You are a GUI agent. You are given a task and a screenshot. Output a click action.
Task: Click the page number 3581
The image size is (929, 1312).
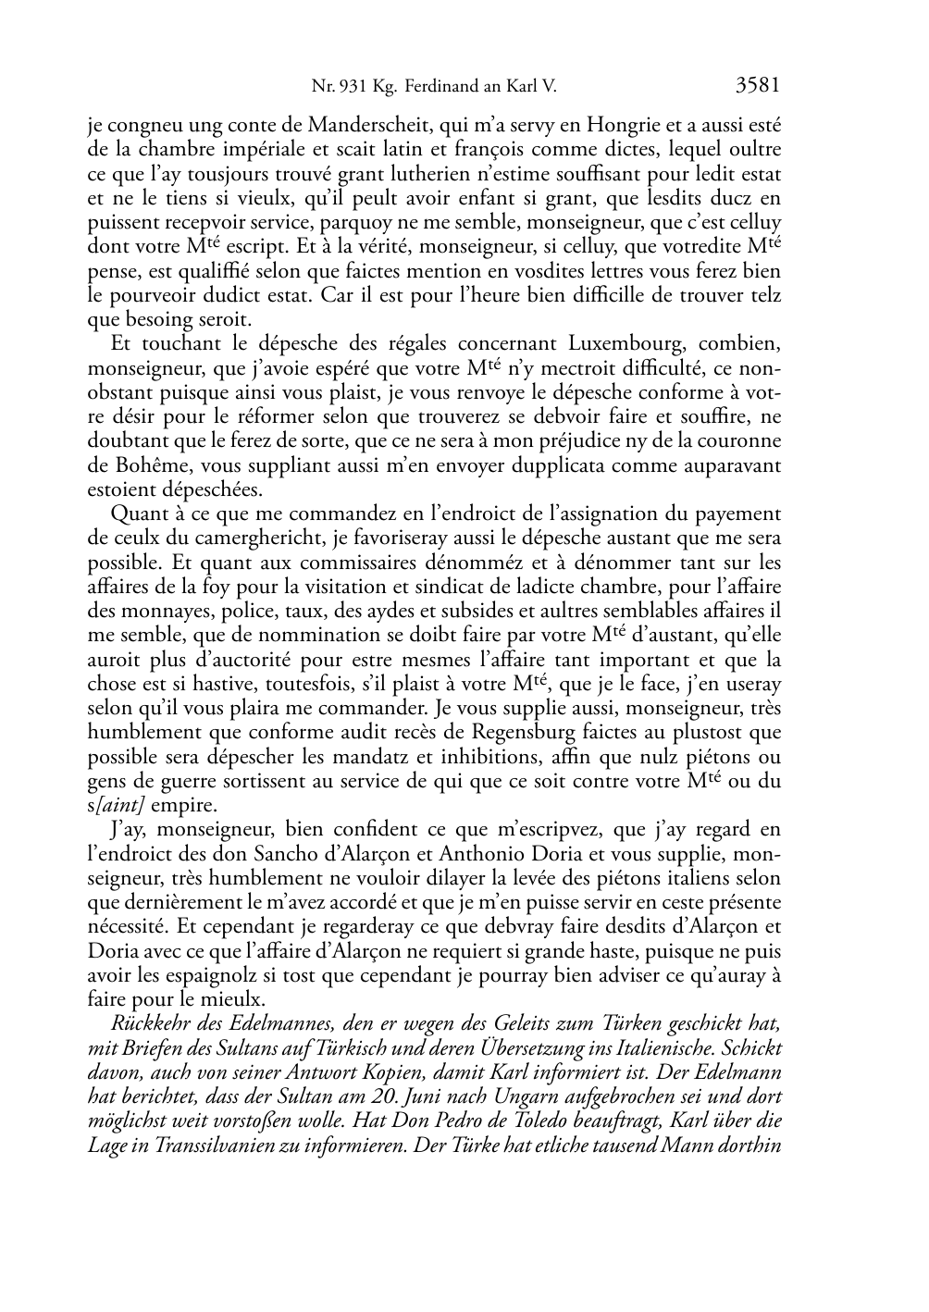[758, 86]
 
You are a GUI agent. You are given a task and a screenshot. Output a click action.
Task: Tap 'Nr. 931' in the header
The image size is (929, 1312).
[335, 88]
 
